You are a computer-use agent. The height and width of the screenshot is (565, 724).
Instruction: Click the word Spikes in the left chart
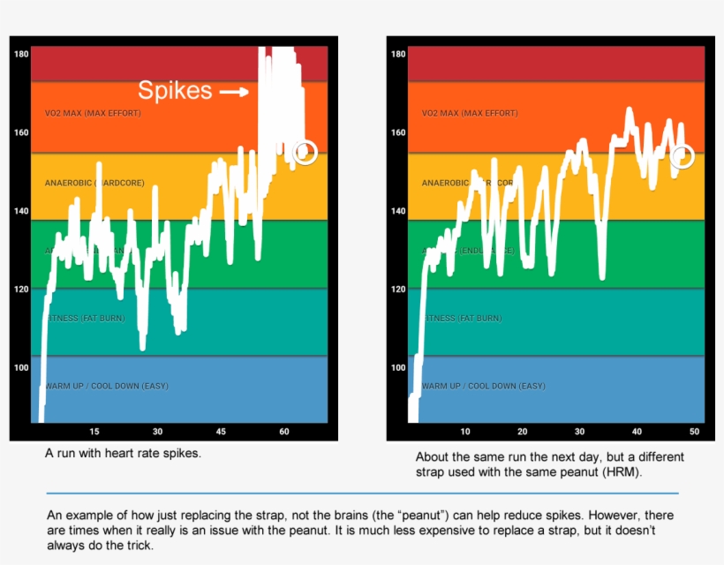(x=175, y=90)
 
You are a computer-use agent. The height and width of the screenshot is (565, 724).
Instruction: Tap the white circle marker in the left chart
(x=305, y=152)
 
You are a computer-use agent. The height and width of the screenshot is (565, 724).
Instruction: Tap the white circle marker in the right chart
(x=683, y=156)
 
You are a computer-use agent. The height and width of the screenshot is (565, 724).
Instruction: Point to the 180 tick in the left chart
(x=21, y=54)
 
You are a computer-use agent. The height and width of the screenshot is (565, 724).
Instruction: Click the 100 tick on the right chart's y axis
(x=398, y=367)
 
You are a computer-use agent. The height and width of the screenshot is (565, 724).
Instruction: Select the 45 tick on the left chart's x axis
(x=221, y=432)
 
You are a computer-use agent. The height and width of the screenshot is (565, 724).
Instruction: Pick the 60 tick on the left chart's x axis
(x=284, y=432)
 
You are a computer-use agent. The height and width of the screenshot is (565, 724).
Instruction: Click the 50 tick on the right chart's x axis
(x=694, y=432)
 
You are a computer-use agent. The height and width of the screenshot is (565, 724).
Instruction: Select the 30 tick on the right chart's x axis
(x=579, y=432)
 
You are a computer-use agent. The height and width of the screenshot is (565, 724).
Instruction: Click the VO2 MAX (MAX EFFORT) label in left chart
(x=93, y=113)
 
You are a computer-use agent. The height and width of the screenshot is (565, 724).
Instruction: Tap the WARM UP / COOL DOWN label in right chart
(x=483, y=386)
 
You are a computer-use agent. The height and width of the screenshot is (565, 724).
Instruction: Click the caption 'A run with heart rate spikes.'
(x=123, y=453)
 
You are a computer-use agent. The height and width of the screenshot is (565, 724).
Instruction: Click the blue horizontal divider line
(x=362, y=493)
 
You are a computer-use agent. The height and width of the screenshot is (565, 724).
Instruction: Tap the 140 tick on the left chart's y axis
(x=21, y=211)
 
